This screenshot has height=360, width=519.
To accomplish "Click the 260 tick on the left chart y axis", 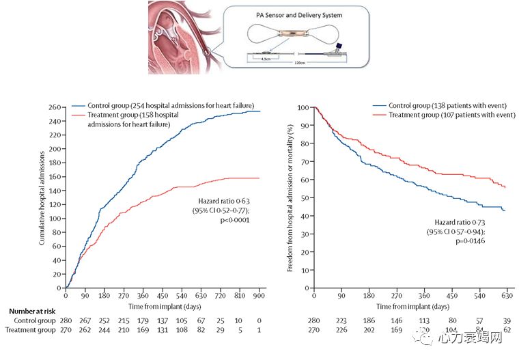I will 55,107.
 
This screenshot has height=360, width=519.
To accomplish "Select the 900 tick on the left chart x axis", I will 259,296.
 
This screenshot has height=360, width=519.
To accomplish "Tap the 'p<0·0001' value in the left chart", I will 230,220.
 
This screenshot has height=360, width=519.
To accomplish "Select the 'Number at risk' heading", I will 36,311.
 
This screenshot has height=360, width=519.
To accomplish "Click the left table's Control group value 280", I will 66,320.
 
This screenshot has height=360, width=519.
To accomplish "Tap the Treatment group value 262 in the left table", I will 85,331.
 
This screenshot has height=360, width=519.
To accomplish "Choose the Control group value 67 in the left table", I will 201,320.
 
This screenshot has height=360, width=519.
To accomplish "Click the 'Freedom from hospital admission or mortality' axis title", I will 290,198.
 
